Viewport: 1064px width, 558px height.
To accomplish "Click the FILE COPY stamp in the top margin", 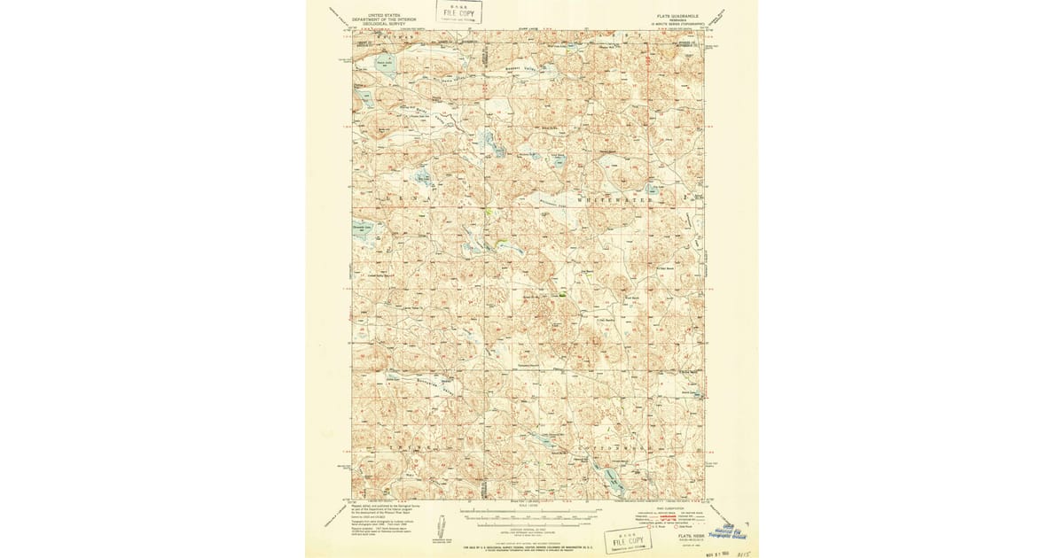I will point(459,12).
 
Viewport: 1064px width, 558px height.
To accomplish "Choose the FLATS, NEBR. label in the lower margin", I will point(685,536).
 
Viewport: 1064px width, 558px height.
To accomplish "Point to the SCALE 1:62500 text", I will point(527,508).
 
